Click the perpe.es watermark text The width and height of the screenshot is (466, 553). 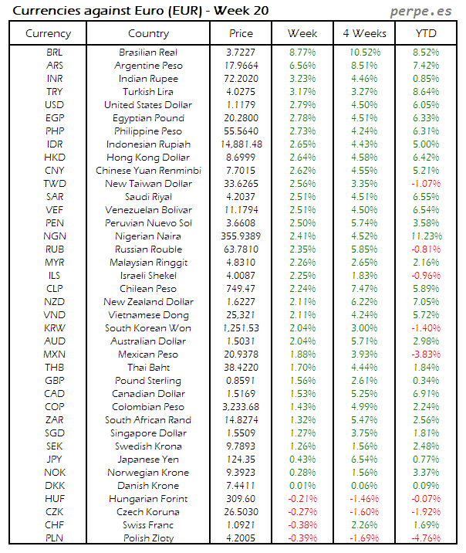click(x=423, y=11)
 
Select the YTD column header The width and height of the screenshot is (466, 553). click(x=425, y=33)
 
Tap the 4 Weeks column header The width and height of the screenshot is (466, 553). click(x=363, y=33)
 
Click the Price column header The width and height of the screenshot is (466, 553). click(x=241, y=33)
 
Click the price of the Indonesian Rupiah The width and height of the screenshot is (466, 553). click(x=241, y=144)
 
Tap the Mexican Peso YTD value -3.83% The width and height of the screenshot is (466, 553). click(x=425, y=355)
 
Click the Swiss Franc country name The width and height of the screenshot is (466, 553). click(x=148, y=525)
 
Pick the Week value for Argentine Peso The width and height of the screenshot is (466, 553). click(x=302, y=66)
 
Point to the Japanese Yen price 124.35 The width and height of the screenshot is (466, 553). click(x=241, y=460)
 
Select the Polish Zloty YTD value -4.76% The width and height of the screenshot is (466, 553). click(x=425, y=538)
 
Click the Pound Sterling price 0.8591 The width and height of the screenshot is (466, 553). click(x=241, y=381)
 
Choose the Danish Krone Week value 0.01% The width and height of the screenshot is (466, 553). click(x=302, y=486)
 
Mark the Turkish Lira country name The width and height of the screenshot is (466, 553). click(x=148, y=92)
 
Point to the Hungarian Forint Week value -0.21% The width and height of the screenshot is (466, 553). click(x=302, y=499)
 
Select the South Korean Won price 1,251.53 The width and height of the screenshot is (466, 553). click(x=241, y=328)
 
